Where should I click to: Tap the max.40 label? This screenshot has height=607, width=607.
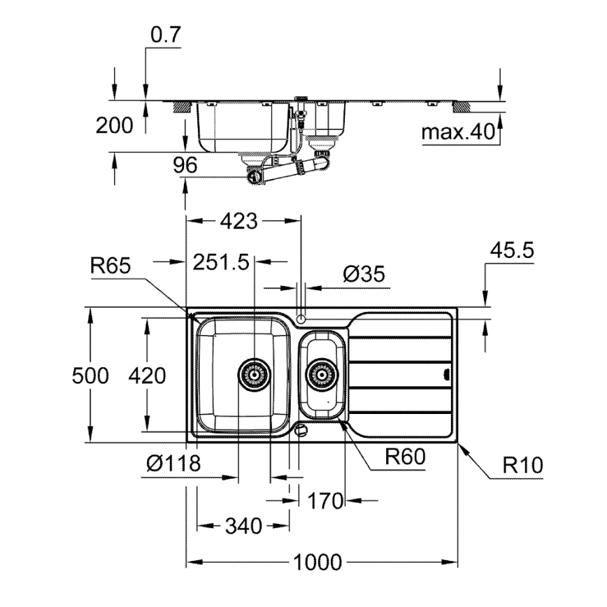point(457,131)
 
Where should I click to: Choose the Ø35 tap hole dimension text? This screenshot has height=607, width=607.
point(364,274)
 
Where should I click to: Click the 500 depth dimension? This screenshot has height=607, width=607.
point(91,376)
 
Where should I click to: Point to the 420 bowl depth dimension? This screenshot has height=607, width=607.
point(147,376)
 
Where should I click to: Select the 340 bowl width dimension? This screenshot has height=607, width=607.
point(243,525)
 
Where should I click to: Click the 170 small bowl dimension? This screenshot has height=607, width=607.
point(326,501)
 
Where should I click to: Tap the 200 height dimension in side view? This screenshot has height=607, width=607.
point(113,126)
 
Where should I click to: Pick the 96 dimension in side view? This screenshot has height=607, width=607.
point(185,165)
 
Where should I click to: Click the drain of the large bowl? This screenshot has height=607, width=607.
point(254,374)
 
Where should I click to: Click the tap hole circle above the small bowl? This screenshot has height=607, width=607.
point(301,318)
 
